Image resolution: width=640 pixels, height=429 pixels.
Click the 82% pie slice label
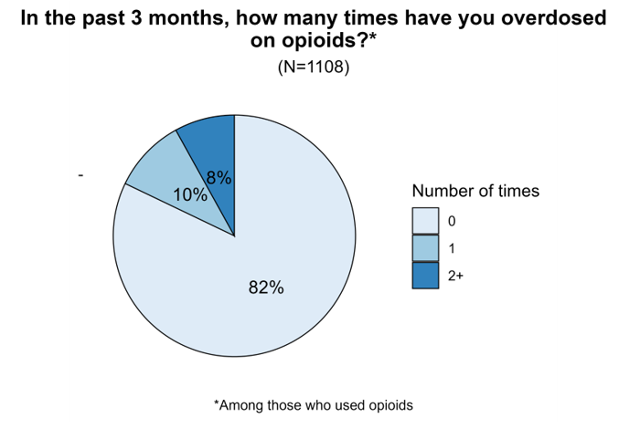click(x=266, y=288)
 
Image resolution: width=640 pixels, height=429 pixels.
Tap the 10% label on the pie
click(x=189, y=194)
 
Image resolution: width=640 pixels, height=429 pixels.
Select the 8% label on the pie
click(x=219, y=179)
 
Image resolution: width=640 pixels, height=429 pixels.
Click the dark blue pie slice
click(x=209, y=146)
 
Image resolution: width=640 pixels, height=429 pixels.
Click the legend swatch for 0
click(x=425, y=221)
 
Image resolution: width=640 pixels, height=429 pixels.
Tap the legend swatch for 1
click(x=425, y=248)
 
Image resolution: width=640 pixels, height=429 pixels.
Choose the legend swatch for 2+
click(x=425, y=276)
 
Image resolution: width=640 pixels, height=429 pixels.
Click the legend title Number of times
click(x=475, y=192)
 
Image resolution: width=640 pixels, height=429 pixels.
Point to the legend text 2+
click(x=455, y=276)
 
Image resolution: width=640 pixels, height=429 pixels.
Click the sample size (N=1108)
click(x=314, y=68)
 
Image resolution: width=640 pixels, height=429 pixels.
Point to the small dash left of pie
click(x=81, y=174)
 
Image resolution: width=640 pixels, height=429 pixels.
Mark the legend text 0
click(x=451, y=221)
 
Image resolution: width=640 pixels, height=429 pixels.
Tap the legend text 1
click(x=451, y=248)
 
